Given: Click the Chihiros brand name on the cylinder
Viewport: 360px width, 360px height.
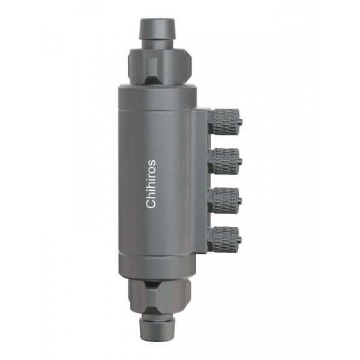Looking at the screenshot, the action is pos(151,184).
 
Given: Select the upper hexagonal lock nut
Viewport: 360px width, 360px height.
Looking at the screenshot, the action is pos(160,67).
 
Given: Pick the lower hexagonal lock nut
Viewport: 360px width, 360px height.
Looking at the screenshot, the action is pos(160,295).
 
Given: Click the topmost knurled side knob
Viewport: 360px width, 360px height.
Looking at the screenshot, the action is pos(226,122).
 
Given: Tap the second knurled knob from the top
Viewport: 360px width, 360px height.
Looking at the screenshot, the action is pos(226,161).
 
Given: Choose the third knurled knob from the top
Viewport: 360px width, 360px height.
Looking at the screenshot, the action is pos(226,200).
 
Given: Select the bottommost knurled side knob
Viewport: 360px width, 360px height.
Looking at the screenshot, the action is pos(226,239).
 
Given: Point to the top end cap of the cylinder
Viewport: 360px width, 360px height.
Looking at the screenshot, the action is pos(157,97).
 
